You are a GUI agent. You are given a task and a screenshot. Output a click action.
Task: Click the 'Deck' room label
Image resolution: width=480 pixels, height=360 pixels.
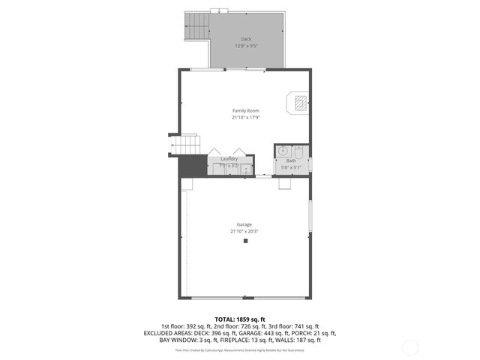(x=246, y=39)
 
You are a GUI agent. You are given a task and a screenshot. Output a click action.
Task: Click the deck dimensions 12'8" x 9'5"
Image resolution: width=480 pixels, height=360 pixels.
(x=246, y=46)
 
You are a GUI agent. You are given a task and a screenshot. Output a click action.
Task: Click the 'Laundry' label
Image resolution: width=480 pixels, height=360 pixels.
(x=229, y=158)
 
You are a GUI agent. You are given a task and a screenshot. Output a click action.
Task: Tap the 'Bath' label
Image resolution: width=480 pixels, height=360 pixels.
(x=291, y=160)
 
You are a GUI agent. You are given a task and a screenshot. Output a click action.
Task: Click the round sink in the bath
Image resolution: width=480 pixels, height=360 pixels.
(x=283, y=151)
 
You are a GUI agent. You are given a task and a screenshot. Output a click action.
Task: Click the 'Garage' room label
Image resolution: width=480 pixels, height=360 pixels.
(x=244, y=224)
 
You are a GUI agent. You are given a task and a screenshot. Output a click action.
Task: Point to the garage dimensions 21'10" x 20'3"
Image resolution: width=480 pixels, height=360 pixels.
(x=244, y=231)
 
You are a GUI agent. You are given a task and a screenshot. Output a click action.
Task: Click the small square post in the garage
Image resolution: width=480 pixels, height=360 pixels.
(x=245, y=241)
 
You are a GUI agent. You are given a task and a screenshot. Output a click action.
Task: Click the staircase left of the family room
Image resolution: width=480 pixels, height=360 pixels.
(x=190, y=143)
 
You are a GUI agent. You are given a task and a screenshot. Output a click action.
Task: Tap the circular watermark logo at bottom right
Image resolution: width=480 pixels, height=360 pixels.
(x=411, y=346)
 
